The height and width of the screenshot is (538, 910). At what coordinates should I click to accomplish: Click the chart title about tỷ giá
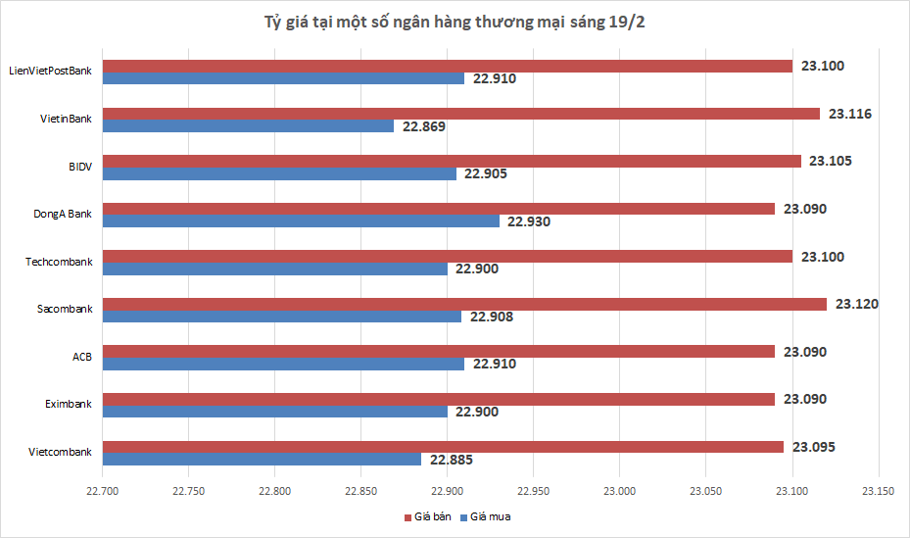tap(454, 23)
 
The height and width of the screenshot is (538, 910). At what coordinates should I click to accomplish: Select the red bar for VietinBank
tap(460, 114)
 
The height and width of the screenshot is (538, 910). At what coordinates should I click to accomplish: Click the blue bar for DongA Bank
tap(301, 221)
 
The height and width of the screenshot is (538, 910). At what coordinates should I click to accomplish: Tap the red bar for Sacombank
tap(464, 304)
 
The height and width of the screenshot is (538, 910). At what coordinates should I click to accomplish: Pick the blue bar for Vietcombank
tap(262, 459)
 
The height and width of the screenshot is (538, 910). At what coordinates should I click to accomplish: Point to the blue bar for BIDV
tap(279, 173)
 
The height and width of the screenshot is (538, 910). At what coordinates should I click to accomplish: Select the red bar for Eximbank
tap(439, 399)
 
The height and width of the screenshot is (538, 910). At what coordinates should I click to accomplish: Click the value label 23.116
tap(849, 114)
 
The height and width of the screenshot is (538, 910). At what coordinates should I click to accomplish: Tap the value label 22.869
tap(423, 126)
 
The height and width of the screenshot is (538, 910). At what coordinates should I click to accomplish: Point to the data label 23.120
tap(856, 304)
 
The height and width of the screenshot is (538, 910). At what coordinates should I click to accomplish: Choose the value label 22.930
tap(529, 221)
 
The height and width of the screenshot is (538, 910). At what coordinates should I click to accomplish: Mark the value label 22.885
tap(451, 459)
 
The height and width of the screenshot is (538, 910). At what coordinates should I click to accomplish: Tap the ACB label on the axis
tap(82, 357)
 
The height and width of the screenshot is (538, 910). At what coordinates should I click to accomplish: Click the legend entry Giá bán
tap(429, 516)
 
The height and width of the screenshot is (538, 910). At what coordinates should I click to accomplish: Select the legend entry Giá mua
tap(490, 516)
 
